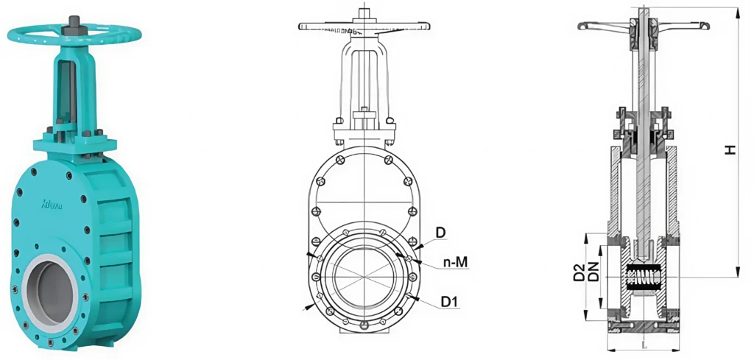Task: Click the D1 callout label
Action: pos(449,301)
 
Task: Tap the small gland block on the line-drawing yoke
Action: pos(363,114)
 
